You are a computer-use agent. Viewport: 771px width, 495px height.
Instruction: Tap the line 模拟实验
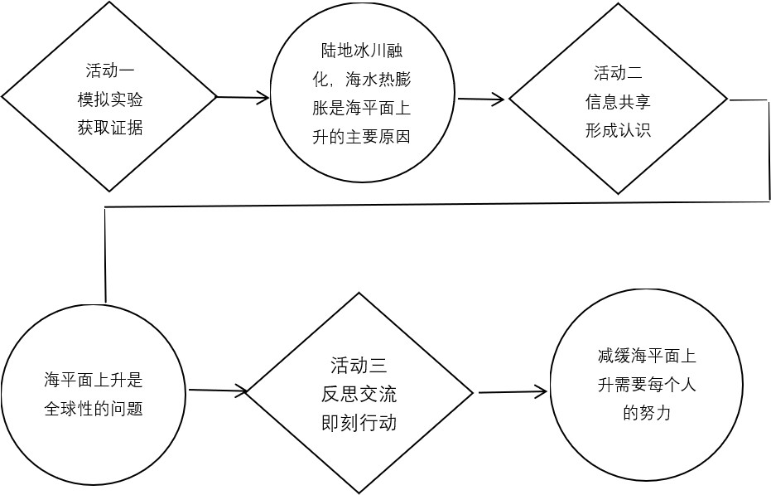click(110, 99)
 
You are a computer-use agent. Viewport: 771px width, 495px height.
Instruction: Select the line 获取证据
click(110, 128)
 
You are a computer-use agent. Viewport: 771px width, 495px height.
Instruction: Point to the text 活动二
click(618, 72)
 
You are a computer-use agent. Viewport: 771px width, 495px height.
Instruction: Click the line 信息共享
click(618, 101)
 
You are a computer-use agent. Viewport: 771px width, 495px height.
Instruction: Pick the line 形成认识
click(618, 130)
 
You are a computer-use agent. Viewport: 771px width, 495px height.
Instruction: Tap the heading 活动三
click(359, 364)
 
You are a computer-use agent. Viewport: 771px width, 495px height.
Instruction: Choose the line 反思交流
click(359, 393)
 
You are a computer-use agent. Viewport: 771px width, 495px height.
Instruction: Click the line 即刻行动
click(359, 422)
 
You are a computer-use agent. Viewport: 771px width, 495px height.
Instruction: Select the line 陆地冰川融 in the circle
click(364, 50)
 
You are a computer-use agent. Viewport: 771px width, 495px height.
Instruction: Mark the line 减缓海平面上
click(646, 357)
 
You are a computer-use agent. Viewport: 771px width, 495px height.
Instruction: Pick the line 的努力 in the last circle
click(646, 412)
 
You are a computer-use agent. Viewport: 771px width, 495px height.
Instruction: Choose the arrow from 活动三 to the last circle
click(513, 391)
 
